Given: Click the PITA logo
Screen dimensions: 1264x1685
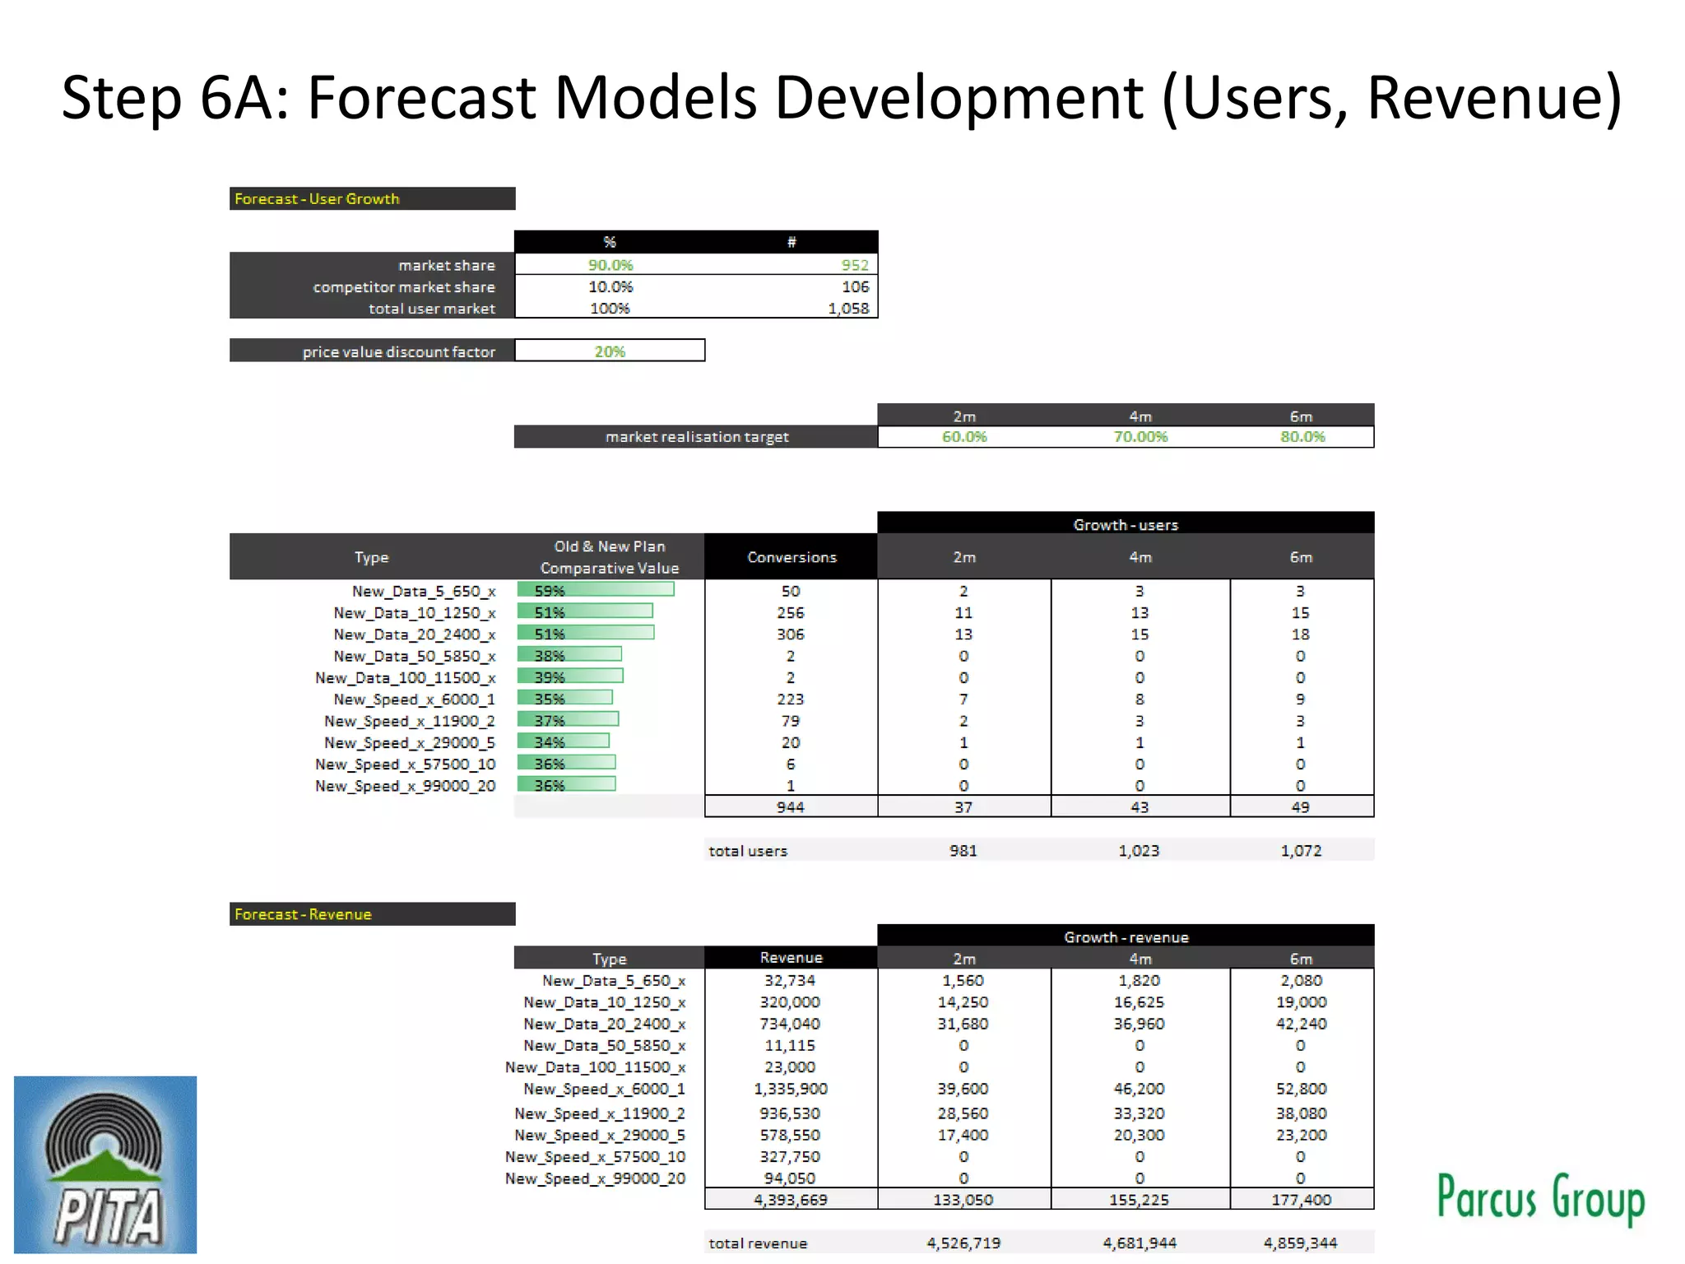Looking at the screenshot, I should [x=105, y=1164].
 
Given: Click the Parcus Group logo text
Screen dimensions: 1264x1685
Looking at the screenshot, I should [x=1540, y=1197].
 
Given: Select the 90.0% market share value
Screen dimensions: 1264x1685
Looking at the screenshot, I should [x=610, y=265].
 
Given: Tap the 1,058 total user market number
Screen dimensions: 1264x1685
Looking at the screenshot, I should [x=848, y=309].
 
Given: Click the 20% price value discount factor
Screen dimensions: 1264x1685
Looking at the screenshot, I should [x=610, y=351].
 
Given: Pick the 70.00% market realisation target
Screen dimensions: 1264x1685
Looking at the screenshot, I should [x=1140, y=437].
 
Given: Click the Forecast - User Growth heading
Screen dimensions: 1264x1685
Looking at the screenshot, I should [x=317, y=199].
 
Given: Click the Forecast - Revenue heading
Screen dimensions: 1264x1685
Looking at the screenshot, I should [x=303, y=914].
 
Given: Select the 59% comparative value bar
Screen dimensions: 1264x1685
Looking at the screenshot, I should [x=596, y=590].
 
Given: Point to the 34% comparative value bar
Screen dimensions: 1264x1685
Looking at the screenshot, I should [x=564, y=741].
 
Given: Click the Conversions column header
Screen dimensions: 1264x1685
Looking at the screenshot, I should [x=791, y=557].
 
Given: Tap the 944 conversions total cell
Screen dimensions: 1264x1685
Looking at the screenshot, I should [x=790, y=807].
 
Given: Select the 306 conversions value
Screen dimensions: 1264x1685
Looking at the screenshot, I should [x=790, y=634].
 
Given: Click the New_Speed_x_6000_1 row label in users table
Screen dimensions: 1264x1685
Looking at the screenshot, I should [x=414, y=699].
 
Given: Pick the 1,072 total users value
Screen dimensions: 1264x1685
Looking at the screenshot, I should [x=1301, y=851].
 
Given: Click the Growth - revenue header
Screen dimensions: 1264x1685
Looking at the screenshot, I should [x=1126, y=937].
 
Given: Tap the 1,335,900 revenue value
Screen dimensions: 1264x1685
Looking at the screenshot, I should [x=790, y=1089].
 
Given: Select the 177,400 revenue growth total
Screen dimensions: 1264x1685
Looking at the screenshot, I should [x=1301, y=1200].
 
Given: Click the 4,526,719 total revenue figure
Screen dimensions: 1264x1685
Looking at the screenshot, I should [x=963, y=1243].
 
